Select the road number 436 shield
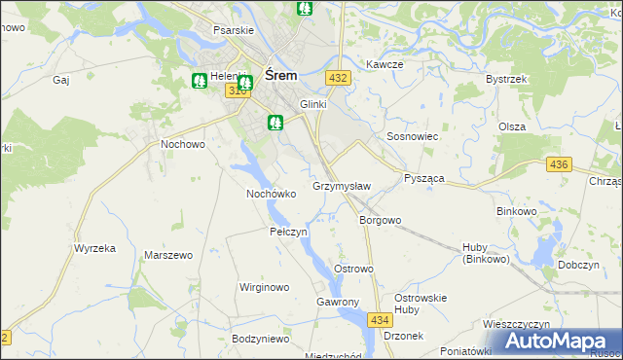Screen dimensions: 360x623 [x=558, y=164]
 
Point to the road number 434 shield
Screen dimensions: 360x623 [x=381, y=319]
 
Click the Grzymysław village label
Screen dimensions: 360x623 [x=342, y=185]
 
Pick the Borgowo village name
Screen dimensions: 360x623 [x=380, y=220]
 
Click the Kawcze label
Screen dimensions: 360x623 [x=385, y=64]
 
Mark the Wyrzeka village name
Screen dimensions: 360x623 [x=94, y=248]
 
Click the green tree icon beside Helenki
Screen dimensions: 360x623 [x=200, y=81]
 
